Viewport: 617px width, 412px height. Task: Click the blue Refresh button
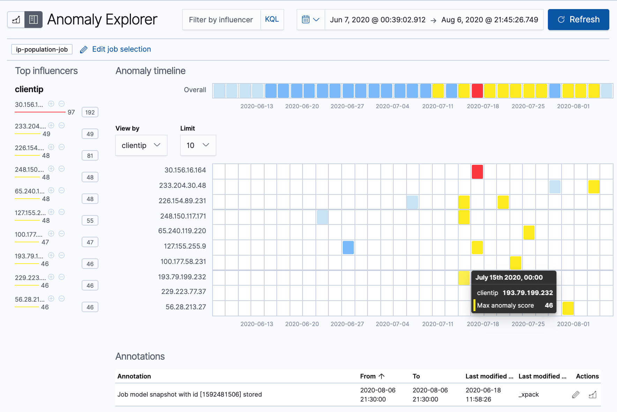(578, 20)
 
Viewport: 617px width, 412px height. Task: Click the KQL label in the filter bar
(272, 20)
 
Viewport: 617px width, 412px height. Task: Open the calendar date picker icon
(306, 20)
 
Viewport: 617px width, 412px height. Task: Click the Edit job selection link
(121, 49)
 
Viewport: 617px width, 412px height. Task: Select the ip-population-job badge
(42, 49)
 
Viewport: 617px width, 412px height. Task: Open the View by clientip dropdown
(141, 145)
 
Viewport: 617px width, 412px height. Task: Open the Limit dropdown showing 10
(198, 145)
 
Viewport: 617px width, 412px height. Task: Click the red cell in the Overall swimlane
(477, 91)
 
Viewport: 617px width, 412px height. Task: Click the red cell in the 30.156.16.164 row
(477, 172)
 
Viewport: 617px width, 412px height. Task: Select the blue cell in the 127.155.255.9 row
(348, 248)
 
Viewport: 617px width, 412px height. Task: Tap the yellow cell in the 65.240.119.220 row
(529, 233)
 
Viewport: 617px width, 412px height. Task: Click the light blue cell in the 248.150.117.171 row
(322, 217)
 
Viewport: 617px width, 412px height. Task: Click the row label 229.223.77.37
(184, 292)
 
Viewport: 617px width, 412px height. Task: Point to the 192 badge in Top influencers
(90, 112)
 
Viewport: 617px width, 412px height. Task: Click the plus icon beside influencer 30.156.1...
(51, 104)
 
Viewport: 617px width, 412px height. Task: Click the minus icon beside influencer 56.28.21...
(62, 299)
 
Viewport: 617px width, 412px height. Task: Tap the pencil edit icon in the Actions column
(575, 395)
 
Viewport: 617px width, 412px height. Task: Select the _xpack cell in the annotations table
(529, 395)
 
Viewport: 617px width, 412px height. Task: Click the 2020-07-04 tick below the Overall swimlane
(392, 106)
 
